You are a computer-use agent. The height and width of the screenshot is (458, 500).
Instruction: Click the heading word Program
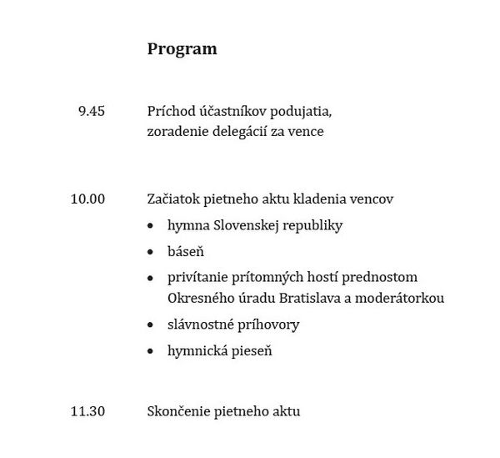tap(182, 49)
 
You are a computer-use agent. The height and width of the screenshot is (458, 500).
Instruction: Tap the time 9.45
tap(91, 111)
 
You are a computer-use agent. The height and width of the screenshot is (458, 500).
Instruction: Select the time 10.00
tap(88, 199)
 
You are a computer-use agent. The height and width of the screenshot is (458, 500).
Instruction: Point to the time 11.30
tap(88, 410)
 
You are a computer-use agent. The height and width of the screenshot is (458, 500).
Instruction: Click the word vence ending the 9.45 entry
tap(304, 131)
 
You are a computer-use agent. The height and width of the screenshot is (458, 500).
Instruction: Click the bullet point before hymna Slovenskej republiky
tap(150, 226)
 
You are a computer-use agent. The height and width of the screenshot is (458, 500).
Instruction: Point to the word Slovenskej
tap(244, 225)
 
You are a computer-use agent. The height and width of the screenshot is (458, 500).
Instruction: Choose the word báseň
tap(186, 250)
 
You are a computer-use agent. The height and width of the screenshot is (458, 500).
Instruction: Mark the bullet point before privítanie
tap(150, 278)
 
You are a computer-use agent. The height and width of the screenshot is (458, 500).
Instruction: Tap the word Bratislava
tap(302, 297)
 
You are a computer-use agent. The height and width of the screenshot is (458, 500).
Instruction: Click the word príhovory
tap(268, 324)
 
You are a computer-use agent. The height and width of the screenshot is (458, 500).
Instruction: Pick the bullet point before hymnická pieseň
tap(150, 351)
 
